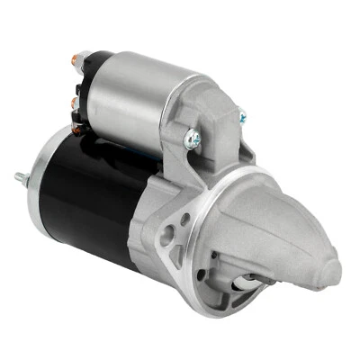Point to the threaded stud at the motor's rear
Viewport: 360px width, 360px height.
pos(21,176)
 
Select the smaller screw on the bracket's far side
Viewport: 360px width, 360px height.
pos(240,116)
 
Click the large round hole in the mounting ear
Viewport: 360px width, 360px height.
pos(168,237)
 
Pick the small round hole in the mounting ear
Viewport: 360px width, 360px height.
pos(185,218)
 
